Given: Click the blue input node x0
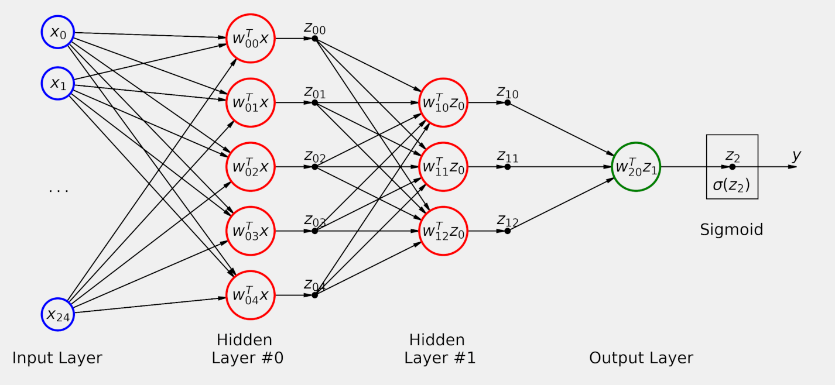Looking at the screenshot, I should [x=57, y=32].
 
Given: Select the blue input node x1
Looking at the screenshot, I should [x=57, y=84].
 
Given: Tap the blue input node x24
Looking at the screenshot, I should [x=57, y=314].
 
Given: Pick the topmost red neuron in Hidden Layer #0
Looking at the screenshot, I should [x=250, y=39].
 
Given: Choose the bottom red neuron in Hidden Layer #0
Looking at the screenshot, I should [x=250, y=295].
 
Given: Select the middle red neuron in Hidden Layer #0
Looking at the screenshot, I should [x=250, y=167].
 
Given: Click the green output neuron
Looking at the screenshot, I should [x=635, y=167].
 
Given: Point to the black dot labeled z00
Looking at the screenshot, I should [x=314, y=39].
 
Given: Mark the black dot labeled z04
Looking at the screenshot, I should [x=314, y=295].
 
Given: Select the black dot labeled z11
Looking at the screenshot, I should [x=507, y=167].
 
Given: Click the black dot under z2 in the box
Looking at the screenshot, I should [x=732, y=167].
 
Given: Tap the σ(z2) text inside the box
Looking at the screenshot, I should [x=731, y=187].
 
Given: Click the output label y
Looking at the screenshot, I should [x=796, y=156].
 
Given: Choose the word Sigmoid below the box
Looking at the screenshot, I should [x=731, y=229].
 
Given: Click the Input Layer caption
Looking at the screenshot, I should [x=57, y=357].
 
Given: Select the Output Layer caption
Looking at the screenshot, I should [x=641, y=357].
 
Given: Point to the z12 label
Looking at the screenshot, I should [x=508, y=221].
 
